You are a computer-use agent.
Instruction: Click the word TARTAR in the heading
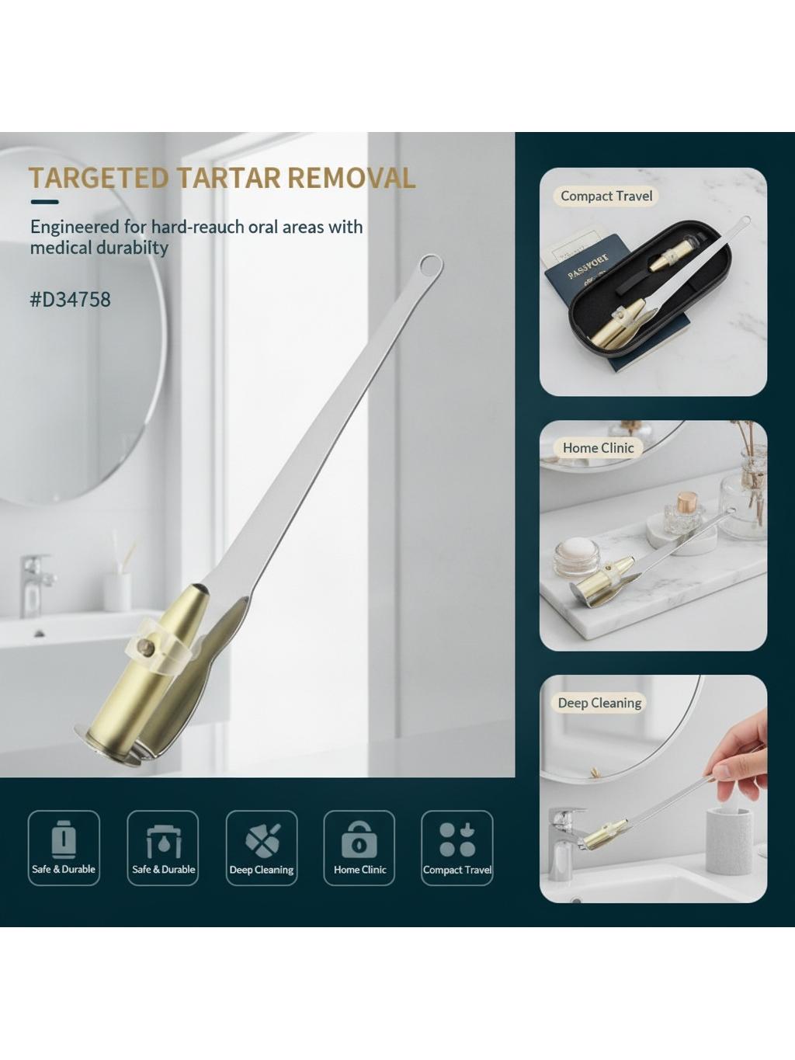[229, 178]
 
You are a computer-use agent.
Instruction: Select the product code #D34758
[71, 300]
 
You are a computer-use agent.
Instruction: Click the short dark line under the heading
[44, 203]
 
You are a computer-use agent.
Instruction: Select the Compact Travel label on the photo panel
[606, 196]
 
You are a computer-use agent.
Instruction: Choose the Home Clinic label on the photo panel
[598, 447]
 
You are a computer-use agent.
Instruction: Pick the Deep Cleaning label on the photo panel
[599, 703]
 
